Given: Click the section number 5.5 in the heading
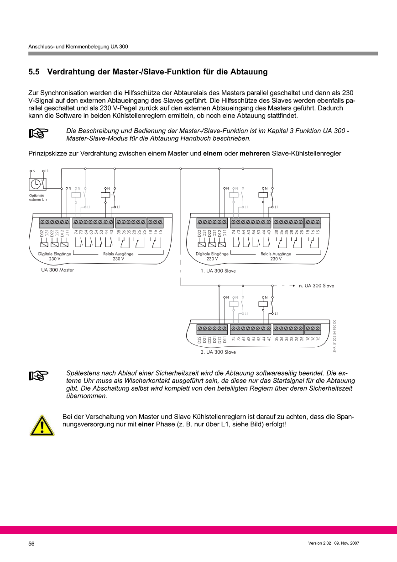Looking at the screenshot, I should (x=35, y=72).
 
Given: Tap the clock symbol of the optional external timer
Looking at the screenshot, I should (x=36, y=184).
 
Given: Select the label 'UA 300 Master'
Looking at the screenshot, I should (x=57, y=270).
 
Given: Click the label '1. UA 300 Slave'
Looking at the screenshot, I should (x=218, y=271).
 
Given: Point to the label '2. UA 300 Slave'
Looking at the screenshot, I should (x=218, y=352).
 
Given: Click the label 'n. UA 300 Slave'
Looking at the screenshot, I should (x=316, y=286).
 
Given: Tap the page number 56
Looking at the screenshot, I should (x=31, y=544).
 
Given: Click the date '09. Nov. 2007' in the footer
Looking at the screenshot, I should (x=347, y=543).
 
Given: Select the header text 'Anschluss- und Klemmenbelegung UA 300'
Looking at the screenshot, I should (x=78, y=47).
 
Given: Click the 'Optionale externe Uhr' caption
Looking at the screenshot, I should (x=36, y=197).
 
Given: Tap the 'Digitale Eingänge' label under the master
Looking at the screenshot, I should (x=55, y=254).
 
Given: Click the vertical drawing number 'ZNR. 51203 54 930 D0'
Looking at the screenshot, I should (x=334, y=336).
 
